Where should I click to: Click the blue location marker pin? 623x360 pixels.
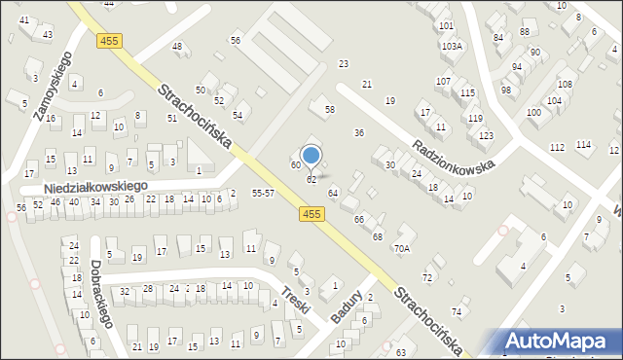[311, 156]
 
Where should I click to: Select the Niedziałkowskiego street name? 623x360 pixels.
[96, 185]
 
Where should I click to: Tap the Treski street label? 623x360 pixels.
[295, 299]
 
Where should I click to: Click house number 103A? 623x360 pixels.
[451, 46]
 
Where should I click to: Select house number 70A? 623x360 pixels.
[402, 248]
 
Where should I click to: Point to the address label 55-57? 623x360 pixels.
[263, 195]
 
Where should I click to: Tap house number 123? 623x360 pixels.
[486, 134]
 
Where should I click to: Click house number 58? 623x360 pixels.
[329, 109]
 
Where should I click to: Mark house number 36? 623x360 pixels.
[358, 132]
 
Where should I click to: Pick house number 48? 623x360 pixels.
[177, 46]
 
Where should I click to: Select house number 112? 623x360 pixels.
[557, 147]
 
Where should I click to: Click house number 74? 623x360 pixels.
[457, 310]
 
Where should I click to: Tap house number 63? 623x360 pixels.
[401, 350]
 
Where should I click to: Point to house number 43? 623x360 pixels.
[46, 35]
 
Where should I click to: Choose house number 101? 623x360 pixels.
[446, 25]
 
